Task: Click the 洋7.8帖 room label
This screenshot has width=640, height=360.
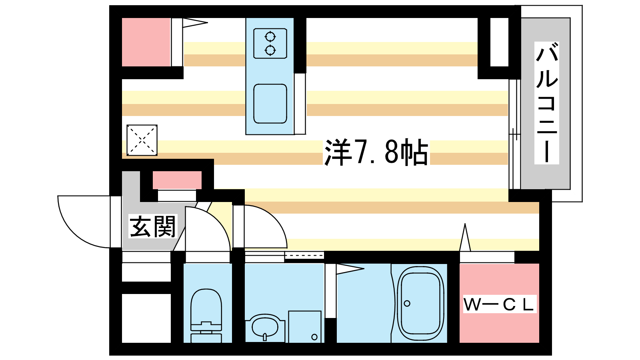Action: pyautogui.click(x=376, y=152)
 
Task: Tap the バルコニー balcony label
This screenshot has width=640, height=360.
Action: pyautogui.click(x=546, y=103)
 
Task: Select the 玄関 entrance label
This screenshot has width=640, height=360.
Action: pyautogui.click(x=152, y=226)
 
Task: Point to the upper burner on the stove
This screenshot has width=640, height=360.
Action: pyautogui.click(x=270, y=36)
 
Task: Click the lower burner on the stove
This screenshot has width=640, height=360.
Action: pyautogui.click(x=270, y=50)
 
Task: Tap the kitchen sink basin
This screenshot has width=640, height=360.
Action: pyautogui.click(x=270, y=104)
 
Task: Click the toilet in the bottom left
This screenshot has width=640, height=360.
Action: pyautogui.click(x=206, y=316)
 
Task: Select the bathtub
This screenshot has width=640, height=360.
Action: pyautogui.click(x=420, y=303)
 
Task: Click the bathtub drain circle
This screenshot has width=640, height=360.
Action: pyautogui.click(x=407, y=304)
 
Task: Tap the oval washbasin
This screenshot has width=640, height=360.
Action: pyautogui.click(x=265, y=328)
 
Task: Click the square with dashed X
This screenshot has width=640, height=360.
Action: pyautogui.click(x=142, y=140)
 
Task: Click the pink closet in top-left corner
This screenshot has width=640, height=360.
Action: pyautogui.click(x=146, y=42)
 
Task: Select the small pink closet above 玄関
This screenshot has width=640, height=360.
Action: pyautogui.click(x=177, y=180)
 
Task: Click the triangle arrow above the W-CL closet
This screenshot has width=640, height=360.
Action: pyautogui.click(x=465, y=237)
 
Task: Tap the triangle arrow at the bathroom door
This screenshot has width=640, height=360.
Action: pyautogui.click(x=350, y=269)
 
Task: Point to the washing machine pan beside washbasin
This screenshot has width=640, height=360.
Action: pyautogui.click(x=305, y=327)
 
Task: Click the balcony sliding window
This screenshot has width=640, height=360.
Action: pyautogui.click(x=514, y=134)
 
